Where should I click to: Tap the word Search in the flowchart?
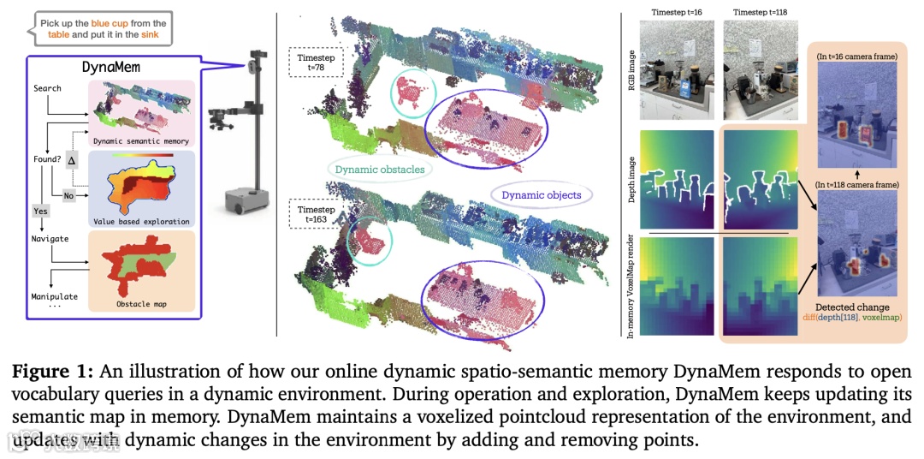point(47,88)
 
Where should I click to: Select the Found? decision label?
point(48,159)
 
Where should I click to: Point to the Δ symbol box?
point(72,160)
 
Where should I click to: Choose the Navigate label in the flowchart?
point(50,239)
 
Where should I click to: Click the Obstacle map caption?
point(143,303)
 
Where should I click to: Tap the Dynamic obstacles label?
point(379,170)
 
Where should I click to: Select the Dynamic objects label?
point(541,194)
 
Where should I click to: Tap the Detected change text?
point(851,307)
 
